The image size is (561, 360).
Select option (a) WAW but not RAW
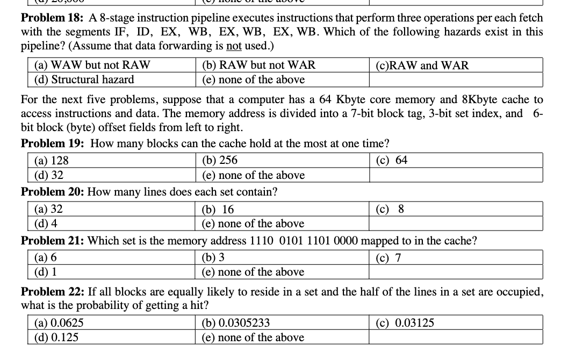pyautogui.click(x=92, y=66)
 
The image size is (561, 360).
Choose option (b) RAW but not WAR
pyautogui.click(x=258, y=66)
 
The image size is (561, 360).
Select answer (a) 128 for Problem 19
pyautogui.click(x=52, y=161)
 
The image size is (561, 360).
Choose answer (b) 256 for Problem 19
pyautogui.click(x=219, y=161)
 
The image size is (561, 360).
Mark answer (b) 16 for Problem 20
pyautogui.click(x=218, y=210)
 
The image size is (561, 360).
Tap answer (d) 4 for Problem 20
pyautogui.click(x=46, y=223)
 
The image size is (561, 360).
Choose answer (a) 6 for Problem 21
pyautogui.click(x=46, y=258)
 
